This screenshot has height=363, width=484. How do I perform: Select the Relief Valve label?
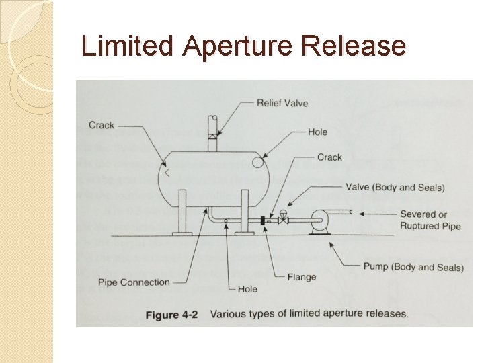[282, 103]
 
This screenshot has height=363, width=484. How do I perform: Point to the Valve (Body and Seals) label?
[395, 187]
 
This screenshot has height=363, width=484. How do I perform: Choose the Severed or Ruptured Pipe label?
[431, 220]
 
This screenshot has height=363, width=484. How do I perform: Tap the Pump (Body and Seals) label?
[413, 267]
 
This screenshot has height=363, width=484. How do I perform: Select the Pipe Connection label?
[134, 282]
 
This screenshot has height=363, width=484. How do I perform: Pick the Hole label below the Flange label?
[247, 290]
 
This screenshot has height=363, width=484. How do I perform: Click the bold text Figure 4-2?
[171, 314]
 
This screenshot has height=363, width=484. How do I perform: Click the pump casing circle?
[319, 220]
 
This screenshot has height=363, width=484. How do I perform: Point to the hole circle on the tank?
[257, 162]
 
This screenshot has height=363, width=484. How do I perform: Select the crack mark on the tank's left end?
[165, 173]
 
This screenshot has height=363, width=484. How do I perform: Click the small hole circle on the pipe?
[226, 220]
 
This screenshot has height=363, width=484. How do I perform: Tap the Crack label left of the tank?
[102, 125]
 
